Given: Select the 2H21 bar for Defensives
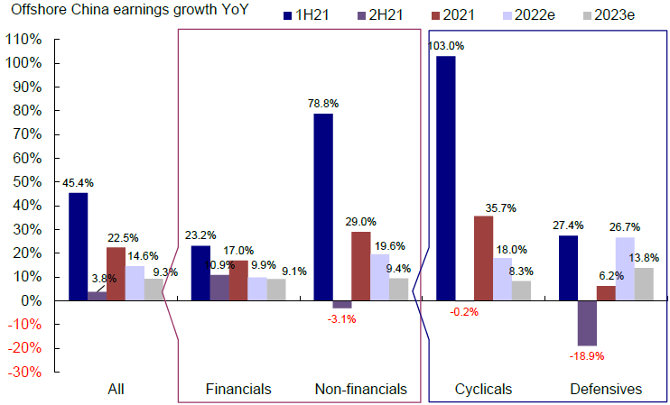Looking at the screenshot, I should pyautogui.click(x=587, y=323).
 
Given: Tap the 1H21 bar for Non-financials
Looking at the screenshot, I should pyautogui.click(x=322, y=207).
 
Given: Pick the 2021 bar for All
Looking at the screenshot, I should pyautogui.click(x=116, y=273).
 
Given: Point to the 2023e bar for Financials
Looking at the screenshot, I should pyautogui.click(x=276, y=290).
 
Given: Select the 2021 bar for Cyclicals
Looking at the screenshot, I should pyautogui.click(x=484, y=258).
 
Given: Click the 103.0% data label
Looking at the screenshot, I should pyautogui.click(x=445, y=46).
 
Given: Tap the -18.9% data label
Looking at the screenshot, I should pyautogui.click(x=587, y=356).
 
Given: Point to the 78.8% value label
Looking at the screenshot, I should pyautogui.click(x=322, y=104).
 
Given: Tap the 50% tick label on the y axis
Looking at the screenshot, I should pyautogui.click(x=24, y=182).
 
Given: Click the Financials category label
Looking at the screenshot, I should pyautogui.click(x=238, y=390).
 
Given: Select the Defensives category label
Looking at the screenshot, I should pyautogui.click(x=606, y=390).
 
